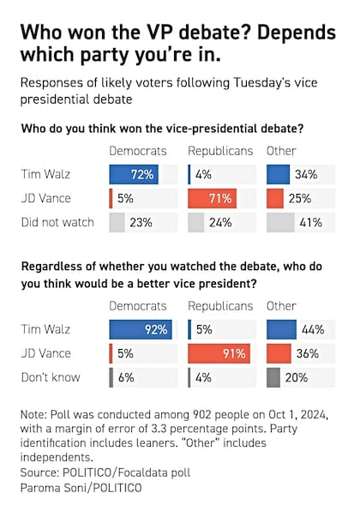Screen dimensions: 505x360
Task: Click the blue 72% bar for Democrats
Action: pos(132,175)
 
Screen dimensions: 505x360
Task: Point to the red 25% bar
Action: pos(274,199)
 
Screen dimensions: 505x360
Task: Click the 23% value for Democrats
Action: pos(140,223)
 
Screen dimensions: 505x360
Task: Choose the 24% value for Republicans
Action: pos(218,223)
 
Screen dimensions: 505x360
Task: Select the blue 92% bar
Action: pos(139,329)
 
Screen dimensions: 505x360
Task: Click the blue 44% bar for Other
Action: pos(281,329)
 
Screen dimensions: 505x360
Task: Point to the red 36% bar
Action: pos(279,353)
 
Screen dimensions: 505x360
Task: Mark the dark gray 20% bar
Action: pos(273,377)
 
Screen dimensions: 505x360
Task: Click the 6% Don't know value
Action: pos(125,377)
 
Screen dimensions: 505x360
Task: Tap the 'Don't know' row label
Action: pos(51,377)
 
